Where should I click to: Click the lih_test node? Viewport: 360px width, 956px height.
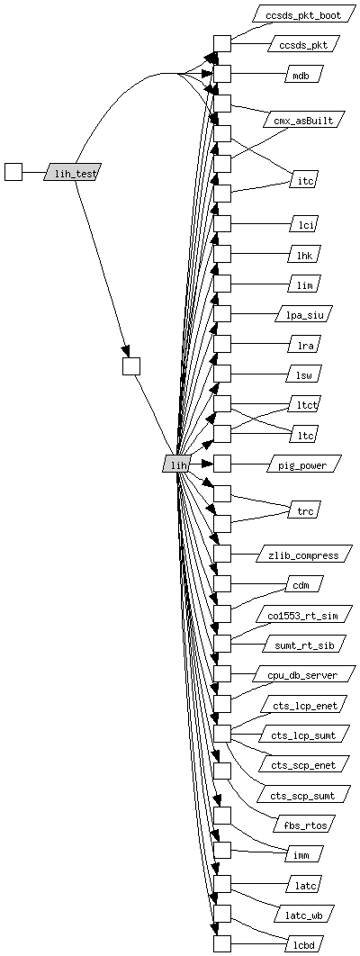[x=72, y=173]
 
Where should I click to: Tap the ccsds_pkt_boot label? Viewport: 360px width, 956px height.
[x=303, y=14]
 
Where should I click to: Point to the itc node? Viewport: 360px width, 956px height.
[x=303, y=180]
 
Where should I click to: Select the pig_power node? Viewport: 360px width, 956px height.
[x=302, y=464]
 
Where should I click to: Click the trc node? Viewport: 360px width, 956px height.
[x=303, y=510]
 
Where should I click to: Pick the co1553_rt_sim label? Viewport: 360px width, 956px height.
[x=303, y=615]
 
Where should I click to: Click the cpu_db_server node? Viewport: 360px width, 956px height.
[x=303, y=674]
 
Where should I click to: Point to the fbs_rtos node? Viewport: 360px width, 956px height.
[x=303, y=825]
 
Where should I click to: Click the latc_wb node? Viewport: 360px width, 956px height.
[x=303, y=915]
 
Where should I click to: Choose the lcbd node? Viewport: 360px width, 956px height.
[x=303, y=944]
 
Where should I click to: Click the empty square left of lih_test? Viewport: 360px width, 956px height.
[x=13, y=173]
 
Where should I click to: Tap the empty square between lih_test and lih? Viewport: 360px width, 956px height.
[x=131, y=366]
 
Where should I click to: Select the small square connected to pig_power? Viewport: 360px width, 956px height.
[x=222, y=464]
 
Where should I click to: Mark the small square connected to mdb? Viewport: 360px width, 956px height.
[x=222, y=74]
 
